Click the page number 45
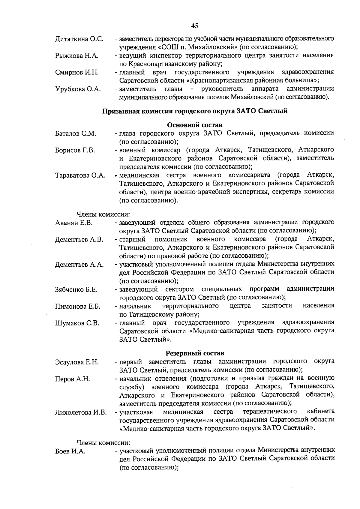(194, 26)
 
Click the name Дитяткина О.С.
(79, 39)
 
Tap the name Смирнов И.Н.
(77, 72)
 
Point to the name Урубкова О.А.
(78, 89)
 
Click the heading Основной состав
(195, 125)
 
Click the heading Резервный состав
(195, 353)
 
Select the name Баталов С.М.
(76, 134)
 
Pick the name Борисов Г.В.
(75, 151)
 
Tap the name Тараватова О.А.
(80, 176)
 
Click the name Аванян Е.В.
(74, 223)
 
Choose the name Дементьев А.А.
(79, 265)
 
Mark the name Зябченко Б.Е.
(76, 290)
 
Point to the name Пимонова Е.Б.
(78, 307)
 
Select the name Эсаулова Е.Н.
(77, 362)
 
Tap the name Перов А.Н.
(72, 379)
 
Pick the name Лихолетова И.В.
(81, 412)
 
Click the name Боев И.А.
(70, 451)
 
